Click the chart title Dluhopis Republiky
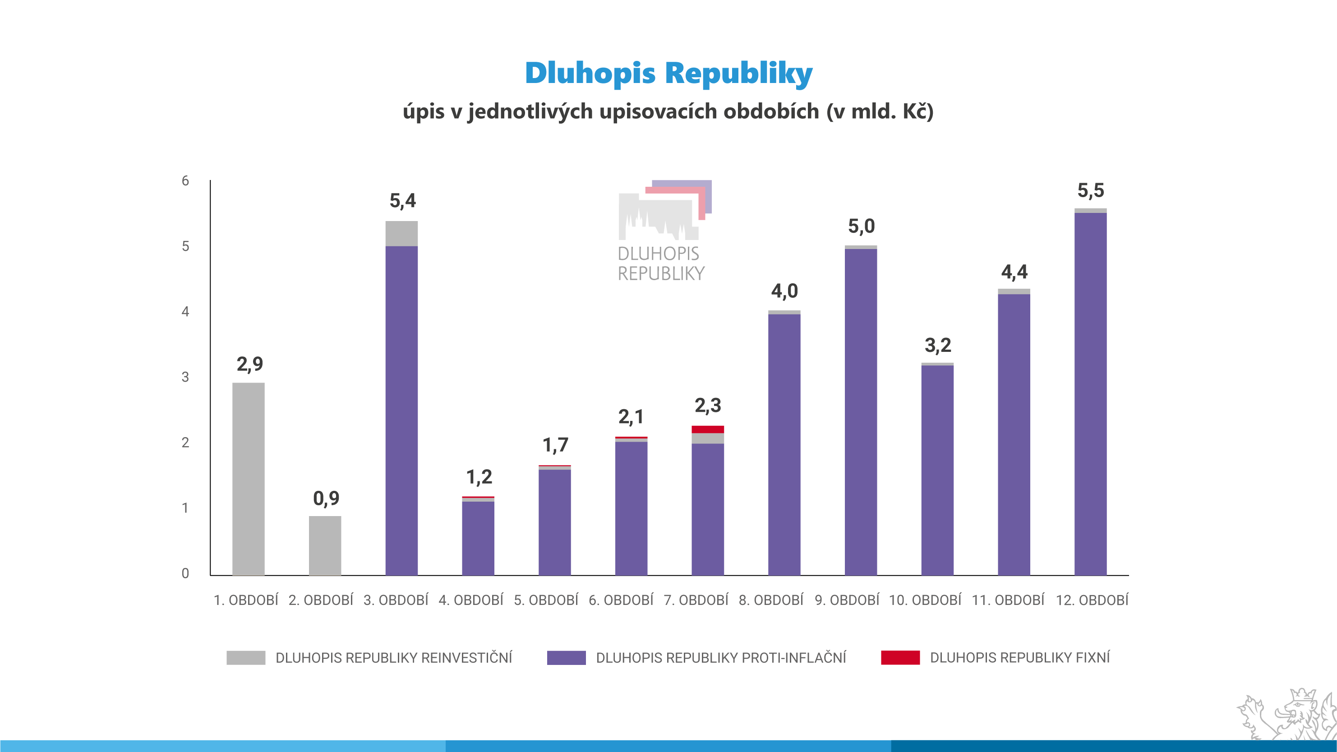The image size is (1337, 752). click(668, 73)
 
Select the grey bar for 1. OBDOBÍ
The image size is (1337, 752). click(248, 479)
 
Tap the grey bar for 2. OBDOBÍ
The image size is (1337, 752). click(325, 545)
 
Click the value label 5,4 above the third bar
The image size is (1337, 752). click(403, 201)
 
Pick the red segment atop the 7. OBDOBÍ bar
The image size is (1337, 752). click(707, 429)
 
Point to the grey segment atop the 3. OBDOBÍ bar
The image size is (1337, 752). click(401, 234)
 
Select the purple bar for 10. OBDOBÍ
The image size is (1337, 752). click(937, 470)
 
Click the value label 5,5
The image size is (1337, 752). click(1090, 190)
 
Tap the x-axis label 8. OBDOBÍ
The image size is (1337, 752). click(771, 600)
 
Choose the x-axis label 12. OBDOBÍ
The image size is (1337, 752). click(1092, 600)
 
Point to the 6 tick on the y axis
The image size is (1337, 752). click(185, 180)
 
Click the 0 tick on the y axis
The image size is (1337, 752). click(185, 573)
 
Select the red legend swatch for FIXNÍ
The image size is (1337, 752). click(900, 658)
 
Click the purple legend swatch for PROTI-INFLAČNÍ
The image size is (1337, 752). click(566, 658)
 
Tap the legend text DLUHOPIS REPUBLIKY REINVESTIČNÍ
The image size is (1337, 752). click(393, 658)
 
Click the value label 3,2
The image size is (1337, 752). click(938, 345)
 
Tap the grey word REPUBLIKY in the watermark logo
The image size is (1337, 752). click(661, 273)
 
